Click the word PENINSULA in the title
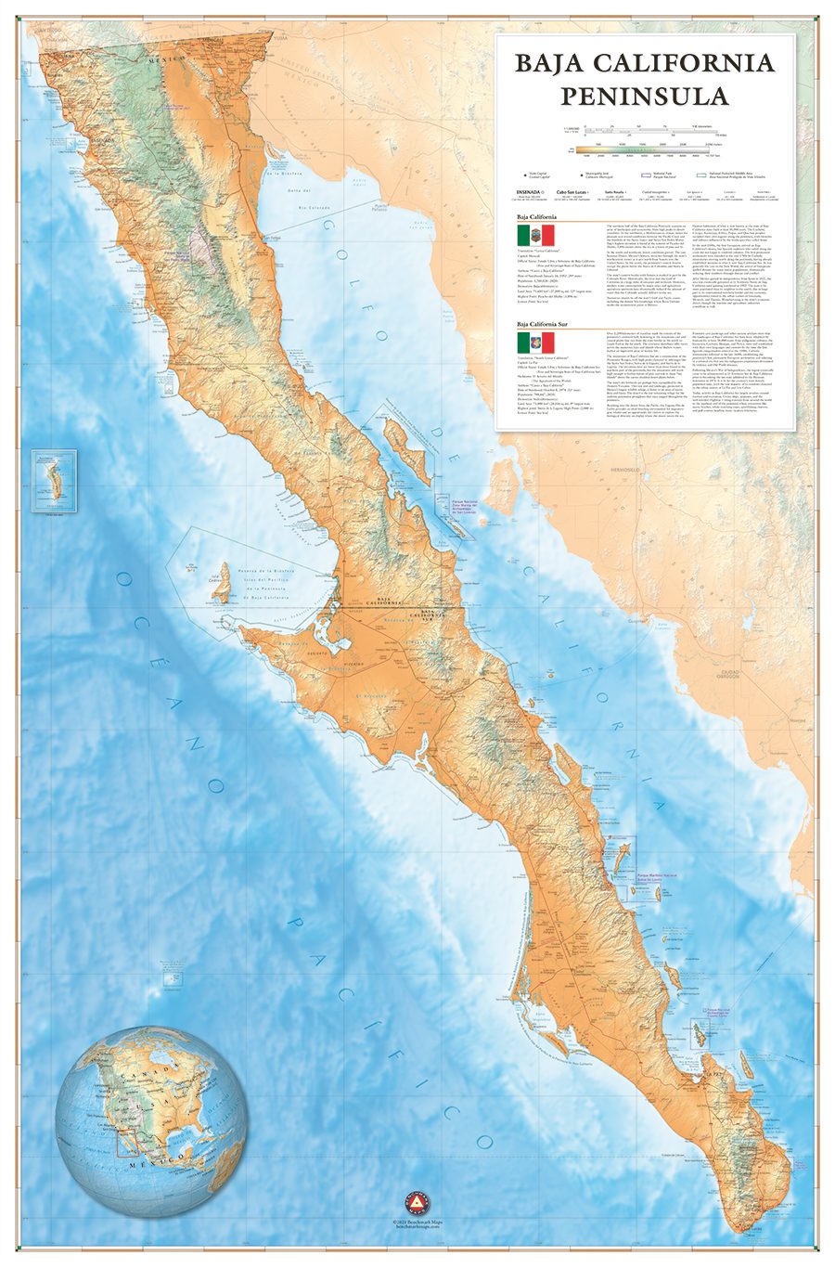(x=644, y=95)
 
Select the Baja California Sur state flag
(x=535, y=342)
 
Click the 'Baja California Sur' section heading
(x=549, y=325)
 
